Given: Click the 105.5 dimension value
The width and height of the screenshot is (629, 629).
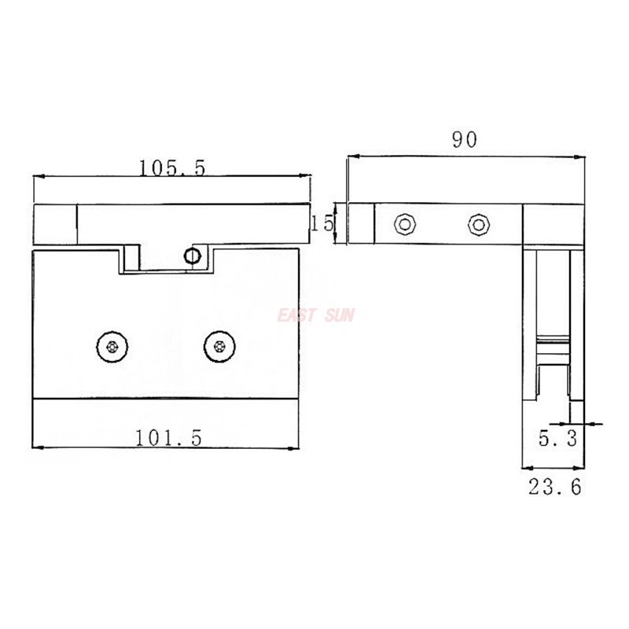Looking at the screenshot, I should click(171, 167).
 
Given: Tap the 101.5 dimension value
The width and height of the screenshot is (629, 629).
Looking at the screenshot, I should click(168, 439).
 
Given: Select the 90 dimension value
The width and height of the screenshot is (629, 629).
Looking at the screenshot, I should click(464, 140).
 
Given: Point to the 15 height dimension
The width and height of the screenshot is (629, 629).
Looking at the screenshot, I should click(322, 223).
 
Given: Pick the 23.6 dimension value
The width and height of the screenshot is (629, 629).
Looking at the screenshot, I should click(554, 487).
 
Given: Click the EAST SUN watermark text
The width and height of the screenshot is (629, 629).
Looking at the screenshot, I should click(316, 316).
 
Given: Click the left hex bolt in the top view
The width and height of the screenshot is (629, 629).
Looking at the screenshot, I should click(404, 224).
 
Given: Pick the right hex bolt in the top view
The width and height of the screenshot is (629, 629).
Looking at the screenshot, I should click(477, 224).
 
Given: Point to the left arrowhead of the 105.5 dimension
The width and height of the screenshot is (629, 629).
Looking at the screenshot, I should click(37, 178).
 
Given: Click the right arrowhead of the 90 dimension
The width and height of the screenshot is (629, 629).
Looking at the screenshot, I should click(583, 156).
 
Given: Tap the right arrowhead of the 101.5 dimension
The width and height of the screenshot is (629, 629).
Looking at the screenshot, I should click(295, 448).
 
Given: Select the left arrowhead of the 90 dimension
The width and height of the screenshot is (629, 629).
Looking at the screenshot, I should click(351, 156).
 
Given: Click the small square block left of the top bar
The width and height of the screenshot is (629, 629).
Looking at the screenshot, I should click(55, 224).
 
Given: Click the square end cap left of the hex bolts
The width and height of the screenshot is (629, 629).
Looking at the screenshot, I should click(361, 223).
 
